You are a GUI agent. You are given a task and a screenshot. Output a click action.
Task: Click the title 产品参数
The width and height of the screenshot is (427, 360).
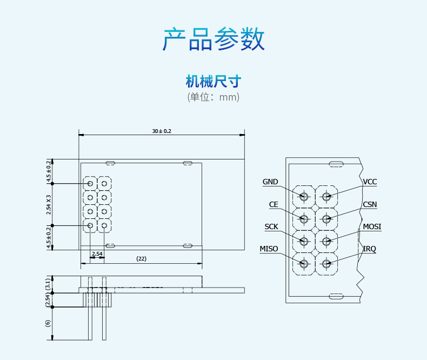[x=213, y=39]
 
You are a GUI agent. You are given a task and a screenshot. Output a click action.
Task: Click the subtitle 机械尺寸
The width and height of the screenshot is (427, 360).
[x=213, y=82]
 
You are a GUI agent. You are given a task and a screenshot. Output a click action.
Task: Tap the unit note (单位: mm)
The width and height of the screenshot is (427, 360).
[x=213, y=97]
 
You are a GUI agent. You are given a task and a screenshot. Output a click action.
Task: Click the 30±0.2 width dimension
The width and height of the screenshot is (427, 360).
[x=161, y=131]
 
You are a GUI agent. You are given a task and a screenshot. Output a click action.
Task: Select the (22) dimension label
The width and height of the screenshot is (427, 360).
[x=141, y=259]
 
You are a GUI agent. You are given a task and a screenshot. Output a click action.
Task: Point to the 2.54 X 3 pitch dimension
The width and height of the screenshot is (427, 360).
[x=49, y=204]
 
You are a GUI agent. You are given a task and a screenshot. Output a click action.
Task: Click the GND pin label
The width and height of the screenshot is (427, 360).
[x=270, y=182]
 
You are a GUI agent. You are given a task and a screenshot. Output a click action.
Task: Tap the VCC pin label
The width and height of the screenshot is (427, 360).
[x=370, y=182]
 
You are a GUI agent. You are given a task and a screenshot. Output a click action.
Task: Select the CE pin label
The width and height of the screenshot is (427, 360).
[x=273, y=205]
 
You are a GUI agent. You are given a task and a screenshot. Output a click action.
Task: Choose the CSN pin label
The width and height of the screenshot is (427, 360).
[x=370, y=205]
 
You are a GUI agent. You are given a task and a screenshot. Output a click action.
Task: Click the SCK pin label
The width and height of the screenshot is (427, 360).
[x=271, y=227]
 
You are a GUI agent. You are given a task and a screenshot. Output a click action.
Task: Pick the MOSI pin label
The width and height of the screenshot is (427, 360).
[x=372, y=227]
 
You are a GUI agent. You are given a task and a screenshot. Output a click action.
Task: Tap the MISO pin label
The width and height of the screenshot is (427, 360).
[x=269, y=249]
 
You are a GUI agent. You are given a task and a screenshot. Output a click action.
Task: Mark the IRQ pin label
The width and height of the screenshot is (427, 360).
[x=369, y=249]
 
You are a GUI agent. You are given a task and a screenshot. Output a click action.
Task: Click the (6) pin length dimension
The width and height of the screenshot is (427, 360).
[x=48, y=323]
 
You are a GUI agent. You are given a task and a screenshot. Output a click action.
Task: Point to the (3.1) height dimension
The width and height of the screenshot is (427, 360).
[x=48, y=284]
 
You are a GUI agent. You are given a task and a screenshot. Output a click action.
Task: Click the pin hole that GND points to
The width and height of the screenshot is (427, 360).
[x=304, y=197]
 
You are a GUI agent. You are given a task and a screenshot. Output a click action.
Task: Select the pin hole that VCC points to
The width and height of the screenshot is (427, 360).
[x=326, y=197]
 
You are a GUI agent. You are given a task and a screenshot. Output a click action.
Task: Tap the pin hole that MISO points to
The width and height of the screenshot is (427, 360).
[x=304, y=264]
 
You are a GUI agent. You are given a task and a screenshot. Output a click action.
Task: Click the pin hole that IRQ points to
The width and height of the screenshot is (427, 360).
[x=326, y=264]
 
